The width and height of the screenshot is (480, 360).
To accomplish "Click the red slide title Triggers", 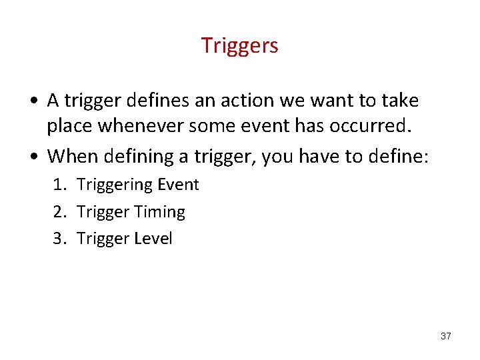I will click(x=239, y=45).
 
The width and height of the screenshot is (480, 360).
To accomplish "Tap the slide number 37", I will click(x=446, y=336).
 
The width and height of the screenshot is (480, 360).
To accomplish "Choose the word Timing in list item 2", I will click(x=159, y=212).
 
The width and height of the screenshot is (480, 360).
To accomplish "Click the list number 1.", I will click(x=58, y=185).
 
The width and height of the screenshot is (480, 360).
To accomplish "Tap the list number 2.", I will click(x=58, y=212).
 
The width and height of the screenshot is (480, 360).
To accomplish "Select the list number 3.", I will click(x=58, y=239).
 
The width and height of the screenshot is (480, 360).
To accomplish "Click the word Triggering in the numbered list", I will click(x=114, y=185).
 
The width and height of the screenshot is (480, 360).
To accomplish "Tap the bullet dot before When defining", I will click(x=33, y=157).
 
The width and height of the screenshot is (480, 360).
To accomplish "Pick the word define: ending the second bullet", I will click(x=401, y=156).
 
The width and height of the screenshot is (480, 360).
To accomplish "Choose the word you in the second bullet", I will click(x=277, y=157).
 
